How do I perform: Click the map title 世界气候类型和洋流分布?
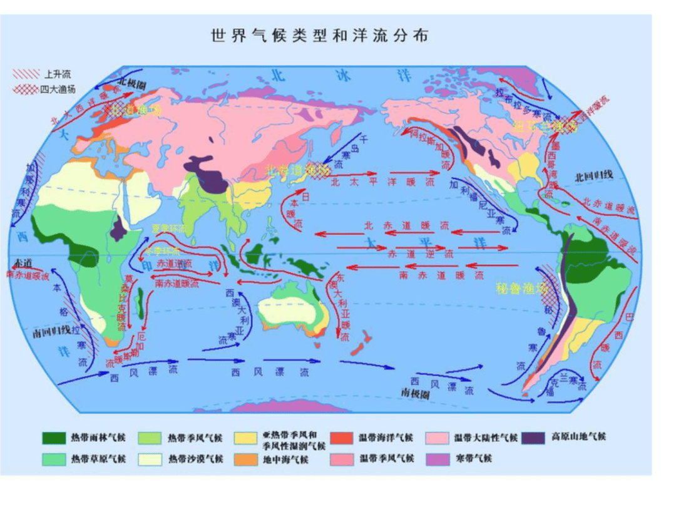320,36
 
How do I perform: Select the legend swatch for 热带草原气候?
54,459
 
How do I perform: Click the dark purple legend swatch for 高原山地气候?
534,436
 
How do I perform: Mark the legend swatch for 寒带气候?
438,459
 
